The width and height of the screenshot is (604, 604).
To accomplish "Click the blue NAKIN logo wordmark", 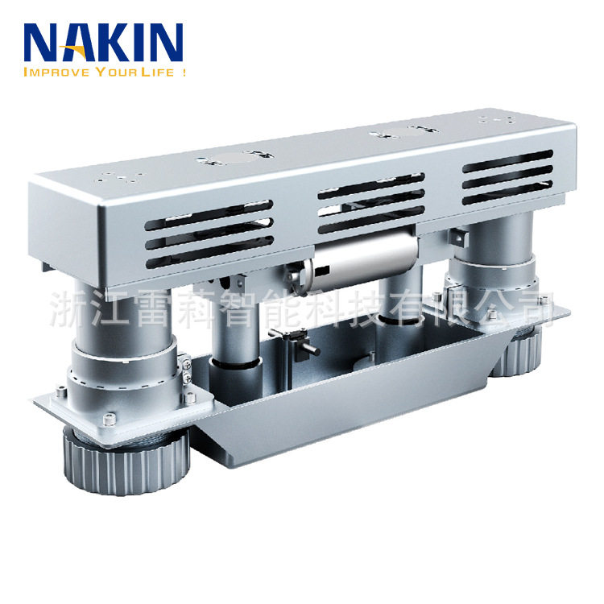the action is [103, 43].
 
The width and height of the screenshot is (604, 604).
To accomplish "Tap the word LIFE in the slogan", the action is [157, 72].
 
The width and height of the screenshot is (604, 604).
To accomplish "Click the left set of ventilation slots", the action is [209, 234].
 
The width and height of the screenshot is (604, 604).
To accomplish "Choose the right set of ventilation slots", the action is [507, 177].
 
